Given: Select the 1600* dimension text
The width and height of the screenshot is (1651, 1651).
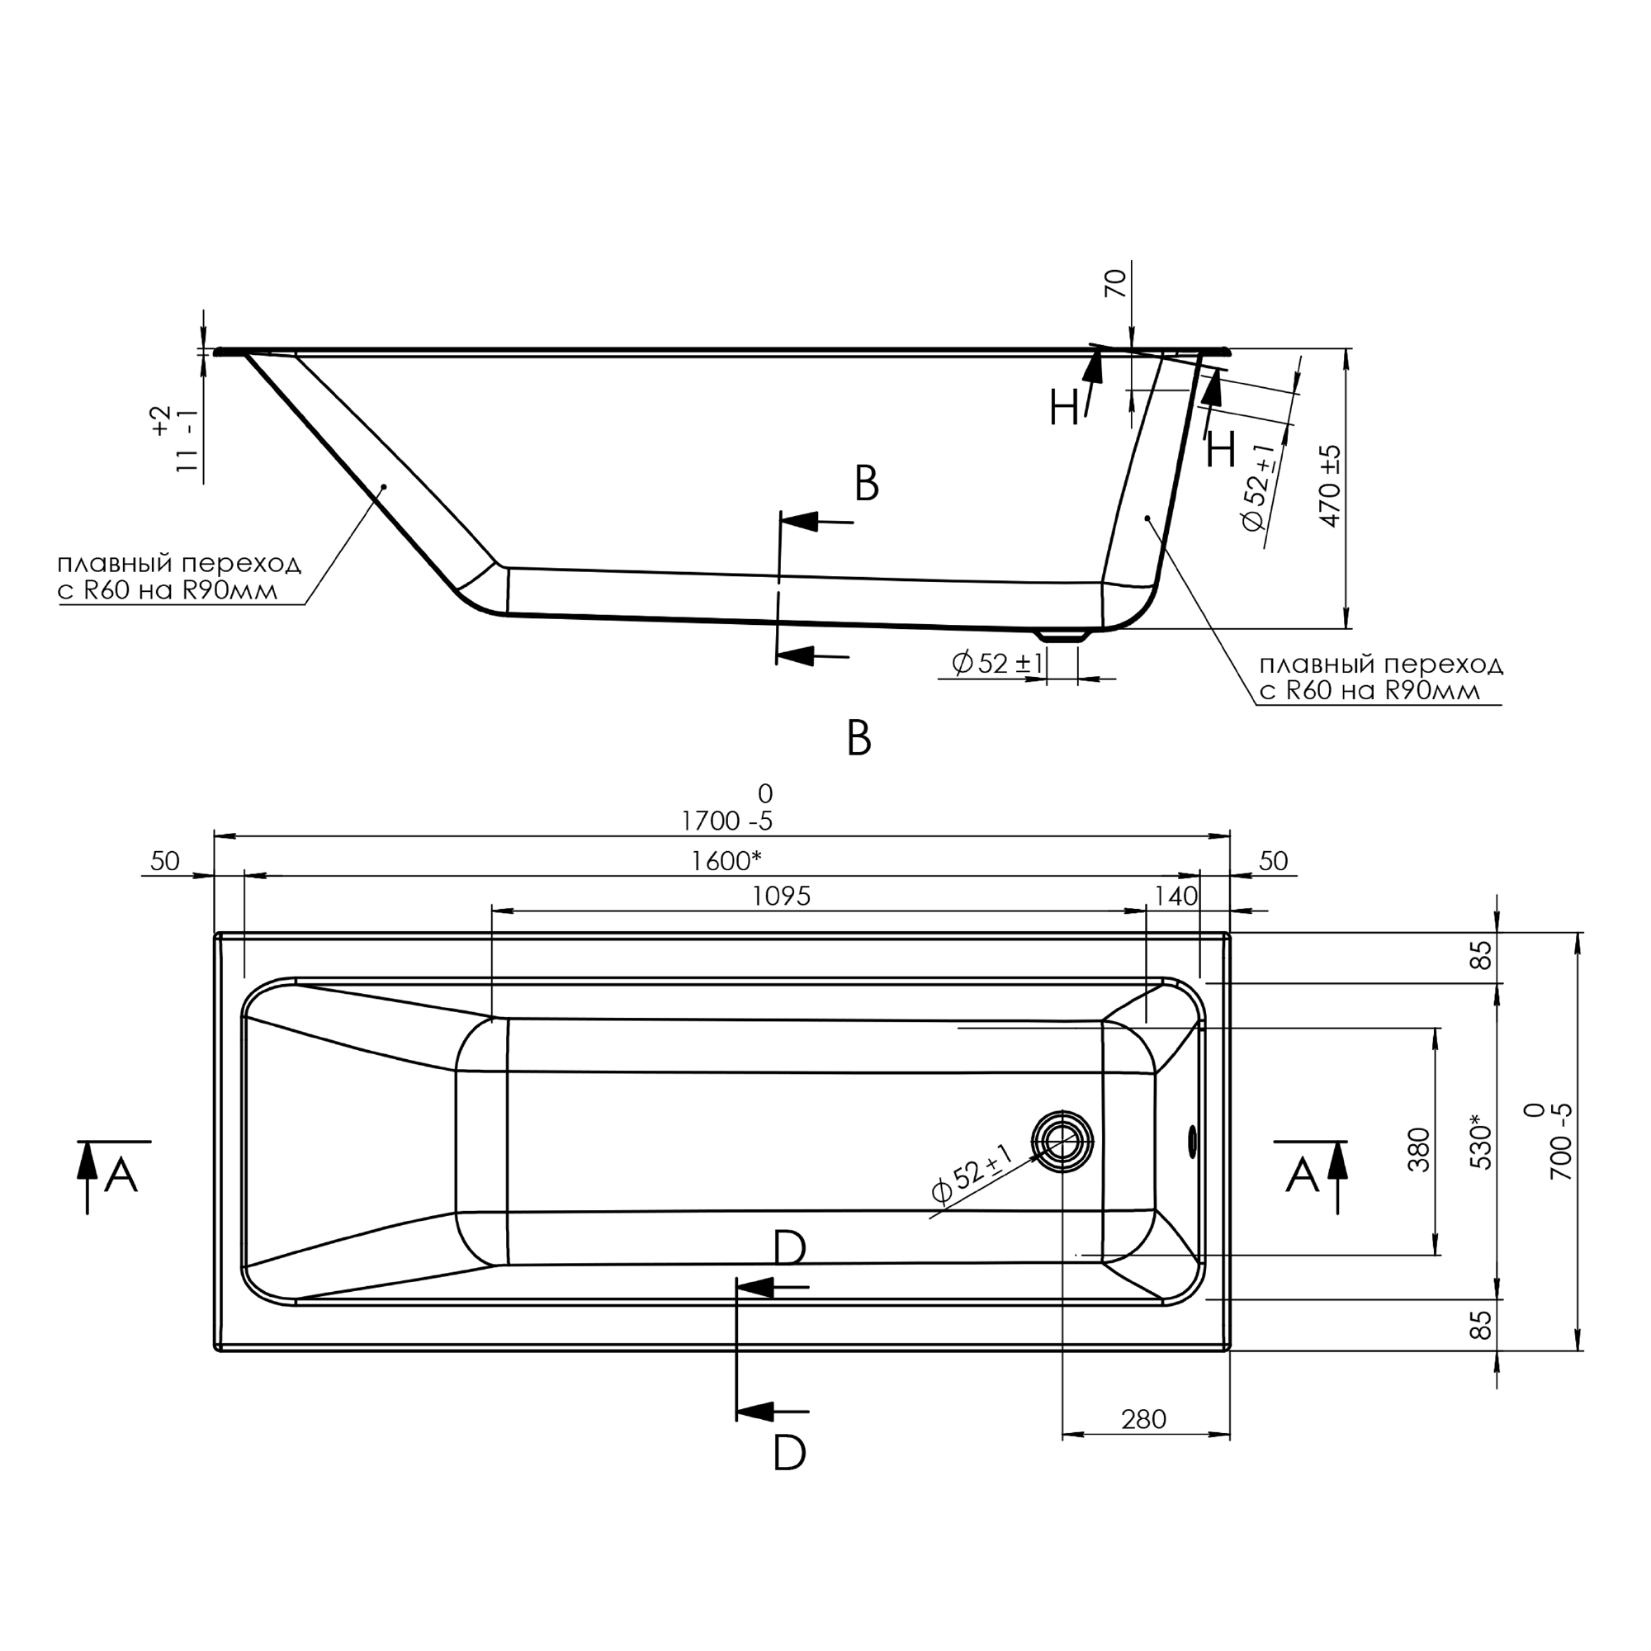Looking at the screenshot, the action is click(726, 860).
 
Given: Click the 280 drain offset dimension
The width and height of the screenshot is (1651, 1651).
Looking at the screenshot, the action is click(1143, 1419).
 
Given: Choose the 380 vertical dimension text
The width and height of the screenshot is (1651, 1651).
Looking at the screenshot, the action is click(1419, 1149).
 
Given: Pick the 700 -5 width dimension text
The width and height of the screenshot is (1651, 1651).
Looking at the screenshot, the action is click(1549, 1141).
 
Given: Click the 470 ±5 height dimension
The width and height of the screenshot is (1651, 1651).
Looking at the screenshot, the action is click(1331, 485).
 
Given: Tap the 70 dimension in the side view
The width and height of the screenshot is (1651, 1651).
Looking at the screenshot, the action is click(1116, 284).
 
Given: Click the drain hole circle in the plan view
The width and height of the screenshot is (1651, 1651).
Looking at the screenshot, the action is click(1062, 1142).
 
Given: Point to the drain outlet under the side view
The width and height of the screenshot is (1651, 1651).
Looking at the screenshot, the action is click(1062, 635).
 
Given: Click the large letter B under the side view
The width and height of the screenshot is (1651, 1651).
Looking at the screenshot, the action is click(859, 737).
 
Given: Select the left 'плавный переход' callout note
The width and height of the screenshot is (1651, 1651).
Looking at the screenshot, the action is click(179, 577).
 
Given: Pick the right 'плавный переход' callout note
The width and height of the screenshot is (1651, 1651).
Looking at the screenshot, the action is click(1381, 678).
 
